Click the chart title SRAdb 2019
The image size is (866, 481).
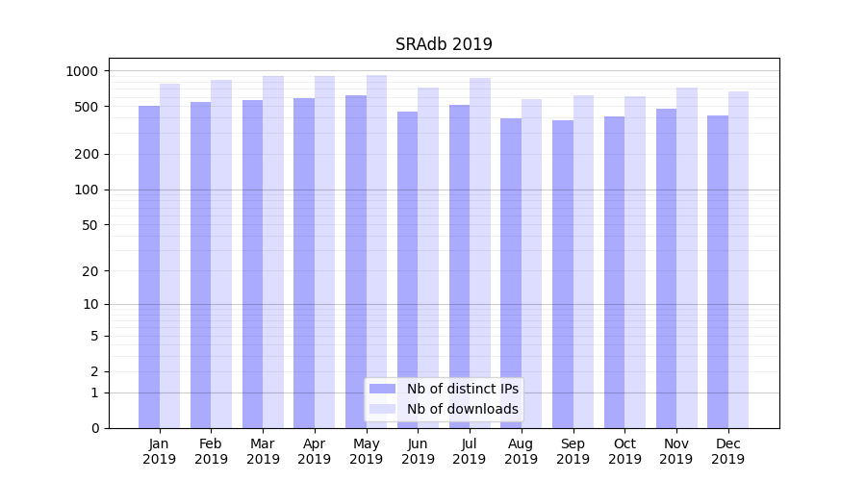(x=444, y=44)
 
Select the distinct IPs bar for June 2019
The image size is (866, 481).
(x=407, y=270)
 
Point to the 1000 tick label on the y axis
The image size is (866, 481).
(x=82, y=71)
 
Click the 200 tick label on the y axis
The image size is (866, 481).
(x=86, y=154)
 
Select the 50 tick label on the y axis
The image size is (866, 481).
(x=89, y=225)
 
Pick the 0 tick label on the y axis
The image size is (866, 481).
(x=94, y=428)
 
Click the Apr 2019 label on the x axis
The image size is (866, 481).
(x=315, y=451)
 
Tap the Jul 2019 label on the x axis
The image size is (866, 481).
(x=470, y=451)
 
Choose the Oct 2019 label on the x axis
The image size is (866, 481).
(x=624, y=451)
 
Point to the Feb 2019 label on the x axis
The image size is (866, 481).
(x=211, y=451)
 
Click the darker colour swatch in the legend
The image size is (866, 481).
(x=383, y=389)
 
